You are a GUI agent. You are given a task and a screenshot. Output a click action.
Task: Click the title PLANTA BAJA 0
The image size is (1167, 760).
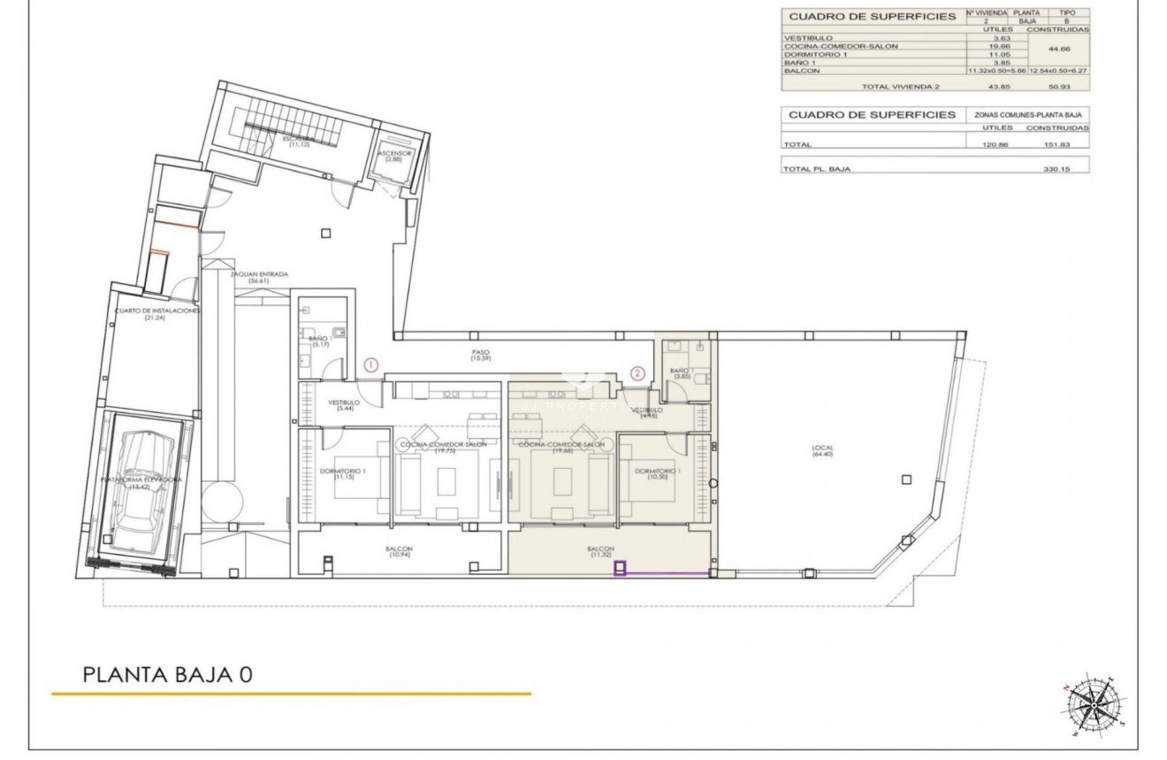(168, 674)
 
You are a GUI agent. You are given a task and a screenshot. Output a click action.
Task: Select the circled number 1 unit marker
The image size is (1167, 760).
(371, 365)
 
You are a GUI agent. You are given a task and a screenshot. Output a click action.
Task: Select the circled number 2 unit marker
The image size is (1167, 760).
(637, 372)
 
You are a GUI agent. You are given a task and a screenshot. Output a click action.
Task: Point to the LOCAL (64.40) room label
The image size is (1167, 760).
(822, 451)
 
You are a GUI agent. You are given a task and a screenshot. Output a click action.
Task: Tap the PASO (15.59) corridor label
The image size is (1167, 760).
(480, 356)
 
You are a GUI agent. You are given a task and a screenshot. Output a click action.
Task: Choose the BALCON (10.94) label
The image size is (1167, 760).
(399, 552)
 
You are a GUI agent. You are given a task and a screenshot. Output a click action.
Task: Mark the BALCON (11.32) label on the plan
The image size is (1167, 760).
(600, 552)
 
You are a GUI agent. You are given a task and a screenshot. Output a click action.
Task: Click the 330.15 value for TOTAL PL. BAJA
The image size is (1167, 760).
(1057, 169)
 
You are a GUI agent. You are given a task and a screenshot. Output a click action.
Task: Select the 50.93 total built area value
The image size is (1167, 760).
(1057, 87)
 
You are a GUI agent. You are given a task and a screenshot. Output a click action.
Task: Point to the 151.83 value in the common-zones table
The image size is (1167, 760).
(1057, 144)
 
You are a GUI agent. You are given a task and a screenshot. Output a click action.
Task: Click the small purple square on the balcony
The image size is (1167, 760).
(621, 569)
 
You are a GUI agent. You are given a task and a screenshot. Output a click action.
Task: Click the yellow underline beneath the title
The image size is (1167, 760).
(292, 694)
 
